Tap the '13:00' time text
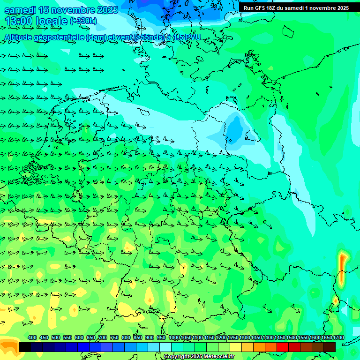[19, 22]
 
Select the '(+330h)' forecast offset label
[83, 21]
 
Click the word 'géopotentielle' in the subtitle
[60, 37]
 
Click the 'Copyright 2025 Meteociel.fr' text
[198, 357]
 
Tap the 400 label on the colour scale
[32, 337]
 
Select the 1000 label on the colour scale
[174, 337]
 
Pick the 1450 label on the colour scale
[280, 337]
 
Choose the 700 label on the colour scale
[103, 337]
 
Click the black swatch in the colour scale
[25, 347]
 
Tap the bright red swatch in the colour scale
[283, 347]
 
